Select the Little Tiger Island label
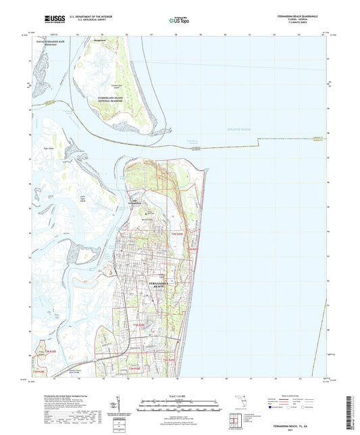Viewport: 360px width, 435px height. pos(68,199)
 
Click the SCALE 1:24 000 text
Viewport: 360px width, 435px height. pos(180,394)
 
